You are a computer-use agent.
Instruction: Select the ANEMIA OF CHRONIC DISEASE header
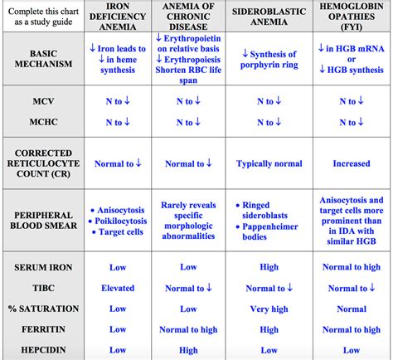point(189,17)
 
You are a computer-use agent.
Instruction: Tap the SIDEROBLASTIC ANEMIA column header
point(267,17)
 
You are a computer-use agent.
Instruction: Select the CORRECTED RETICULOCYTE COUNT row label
point(41,163)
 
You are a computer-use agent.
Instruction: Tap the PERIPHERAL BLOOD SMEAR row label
point(41,220)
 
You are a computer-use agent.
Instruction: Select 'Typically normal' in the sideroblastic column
point(267,163)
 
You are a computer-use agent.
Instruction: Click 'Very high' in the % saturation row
point(267,309)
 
